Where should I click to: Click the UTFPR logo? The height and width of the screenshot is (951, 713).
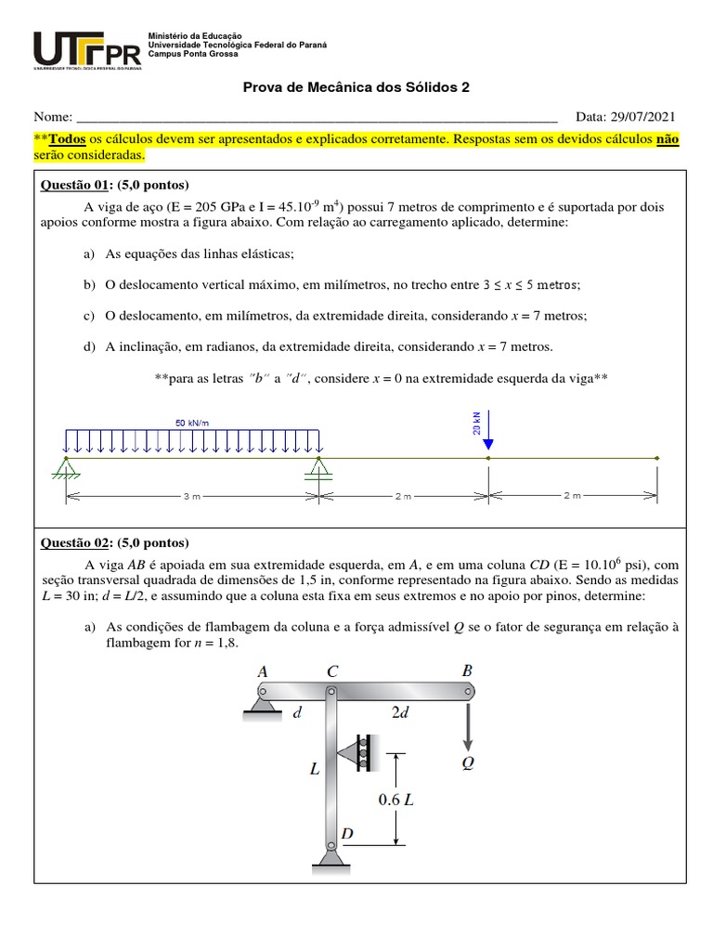87,50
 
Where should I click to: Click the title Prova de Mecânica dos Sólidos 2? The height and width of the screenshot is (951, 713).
356,87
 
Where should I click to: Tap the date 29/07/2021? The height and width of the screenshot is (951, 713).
643,117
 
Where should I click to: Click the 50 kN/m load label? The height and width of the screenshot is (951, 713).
192,423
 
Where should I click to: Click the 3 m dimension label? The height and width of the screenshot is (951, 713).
191,497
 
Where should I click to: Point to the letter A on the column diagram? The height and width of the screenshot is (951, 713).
263,671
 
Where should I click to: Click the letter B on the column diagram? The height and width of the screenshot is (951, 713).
467,670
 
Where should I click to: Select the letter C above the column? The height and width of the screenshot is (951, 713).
332,671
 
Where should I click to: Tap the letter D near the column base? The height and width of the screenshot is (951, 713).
347,834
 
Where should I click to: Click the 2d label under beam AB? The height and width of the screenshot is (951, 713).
400,712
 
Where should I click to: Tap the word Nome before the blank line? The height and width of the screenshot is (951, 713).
53,117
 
